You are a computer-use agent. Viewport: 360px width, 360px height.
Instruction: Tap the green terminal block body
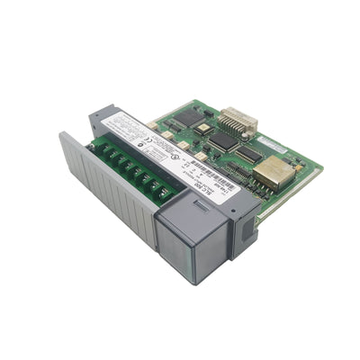pos(126,166)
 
